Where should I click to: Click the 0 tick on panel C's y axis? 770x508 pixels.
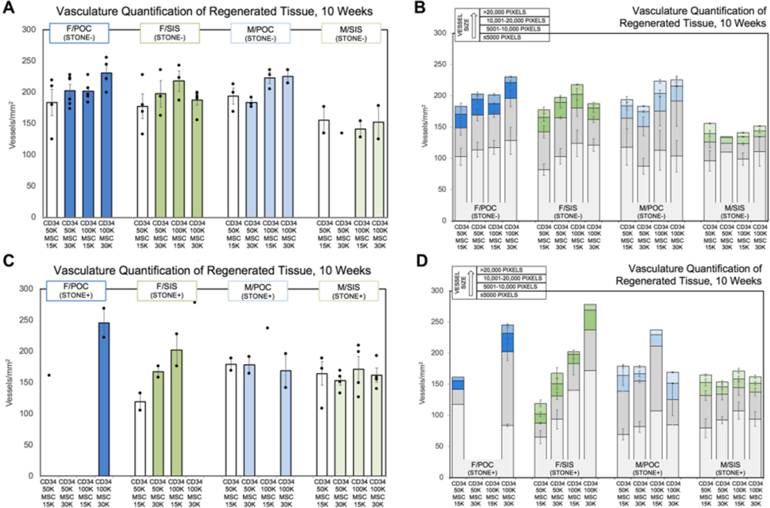pos(35,475)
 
